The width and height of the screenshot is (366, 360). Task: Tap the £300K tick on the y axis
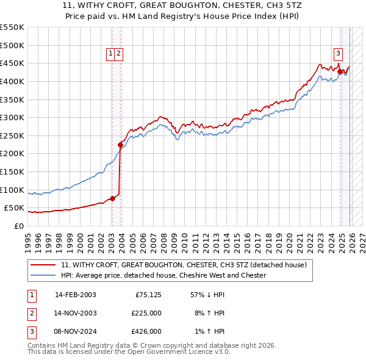point(12,117)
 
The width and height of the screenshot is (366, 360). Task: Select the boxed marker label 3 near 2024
point(337,52)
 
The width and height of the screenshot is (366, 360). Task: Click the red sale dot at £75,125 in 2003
point(112,198)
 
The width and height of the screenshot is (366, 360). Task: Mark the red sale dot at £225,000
point(120,145)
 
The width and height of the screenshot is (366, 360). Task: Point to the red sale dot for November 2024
point(340,71)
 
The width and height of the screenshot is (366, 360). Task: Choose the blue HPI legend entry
point(163,275)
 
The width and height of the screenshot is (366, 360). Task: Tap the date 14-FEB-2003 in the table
point(75,294)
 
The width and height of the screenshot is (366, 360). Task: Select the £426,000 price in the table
point(146,331)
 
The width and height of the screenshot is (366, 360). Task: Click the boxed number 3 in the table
point(30,331)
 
